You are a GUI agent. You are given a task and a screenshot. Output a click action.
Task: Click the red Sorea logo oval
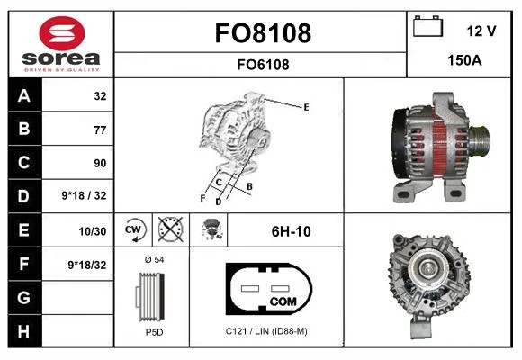pyautogui.click(x=62, y=33)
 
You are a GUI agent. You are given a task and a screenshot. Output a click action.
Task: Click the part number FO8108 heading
pyautogui.click(x=263, y=33)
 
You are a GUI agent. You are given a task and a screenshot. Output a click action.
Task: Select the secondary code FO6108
pyautogui.click(x=263, y=65)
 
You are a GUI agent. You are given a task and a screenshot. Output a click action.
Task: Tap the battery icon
pyautogui.click(x=427, y=26)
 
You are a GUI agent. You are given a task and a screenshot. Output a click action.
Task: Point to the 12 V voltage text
pyautogui.click(x=481, y=31)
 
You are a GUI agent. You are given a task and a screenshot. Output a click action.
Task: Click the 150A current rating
pyautogui.click(x=464, y=60)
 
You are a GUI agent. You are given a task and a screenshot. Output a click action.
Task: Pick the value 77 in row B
pyautogui.click(x=100, y=130)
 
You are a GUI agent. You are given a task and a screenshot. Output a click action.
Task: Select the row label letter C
pyautogui.click(x=24, y=163)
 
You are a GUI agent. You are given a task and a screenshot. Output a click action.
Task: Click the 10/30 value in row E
pyautogui.click(x=93, y=231)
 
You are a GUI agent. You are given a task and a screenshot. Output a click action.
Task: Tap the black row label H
pyautogui.click(x=24, y=331)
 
